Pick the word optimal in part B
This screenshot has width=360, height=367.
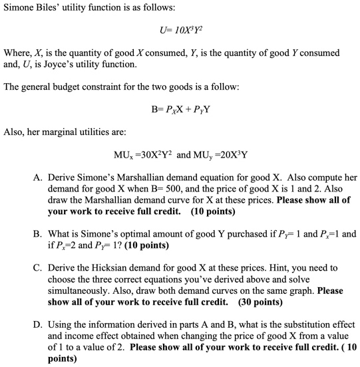click(x=124, y=233)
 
